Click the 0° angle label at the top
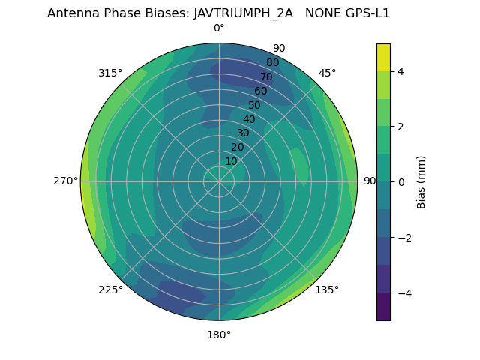click(x=219, y=28)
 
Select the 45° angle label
click(x=327, y=73)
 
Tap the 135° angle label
click(x=327, y=289)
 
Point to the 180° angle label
click(x=219, y=334)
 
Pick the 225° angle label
click(x=110, y=289)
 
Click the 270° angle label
click(x=66, y=181)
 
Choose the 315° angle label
click(x=110, y=73)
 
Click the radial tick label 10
click(x=231, y=161)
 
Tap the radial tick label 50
click(x=255, y=105)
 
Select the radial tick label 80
click(x=273, y=63)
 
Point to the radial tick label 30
click(x=243, y=133)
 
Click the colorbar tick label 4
click(x=401, y=71)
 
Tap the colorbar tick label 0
click(x=401, y=182)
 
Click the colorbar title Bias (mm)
click(x=421, y=181)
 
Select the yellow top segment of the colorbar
click(x=383, y=57)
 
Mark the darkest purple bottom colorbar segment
click(x=383, y=307)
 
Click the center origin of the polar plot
click(x=219, y=181)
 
